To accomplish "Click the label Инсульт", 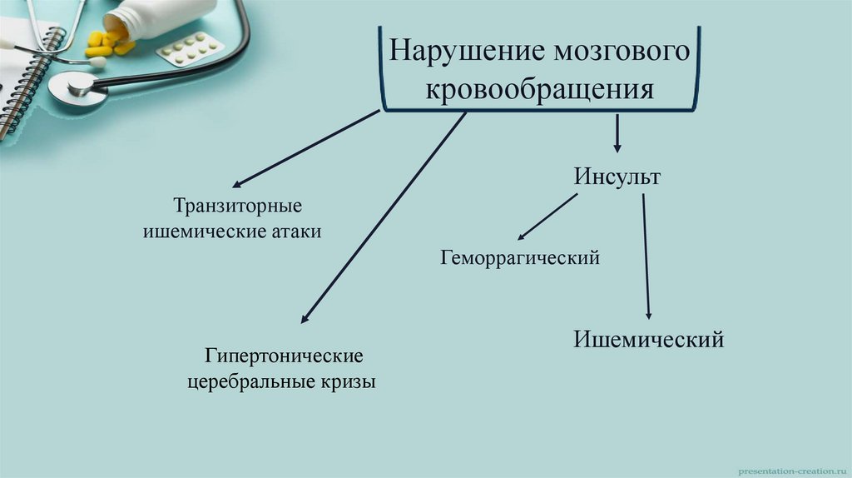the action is tap(617, 177).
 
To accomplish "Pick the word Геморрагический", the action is tap(520, 258).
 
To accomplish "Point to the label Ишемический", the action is tap(648, 339).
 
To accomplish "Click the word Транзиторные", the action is tap(237, 205).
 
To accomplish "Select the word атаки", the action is tap(295, 232).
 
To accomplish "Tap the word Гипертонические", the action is tap(285, 356).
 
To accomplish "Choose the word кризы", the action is tap(345, 383).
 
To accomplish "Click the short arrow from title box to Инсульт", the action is tap(617, 132).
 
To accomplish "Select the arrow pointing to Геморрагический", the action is tap(547, 217).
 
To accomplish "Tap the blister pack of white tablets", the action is tap(190, 49).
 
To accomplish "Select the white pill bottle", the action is tap(158, 17).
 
